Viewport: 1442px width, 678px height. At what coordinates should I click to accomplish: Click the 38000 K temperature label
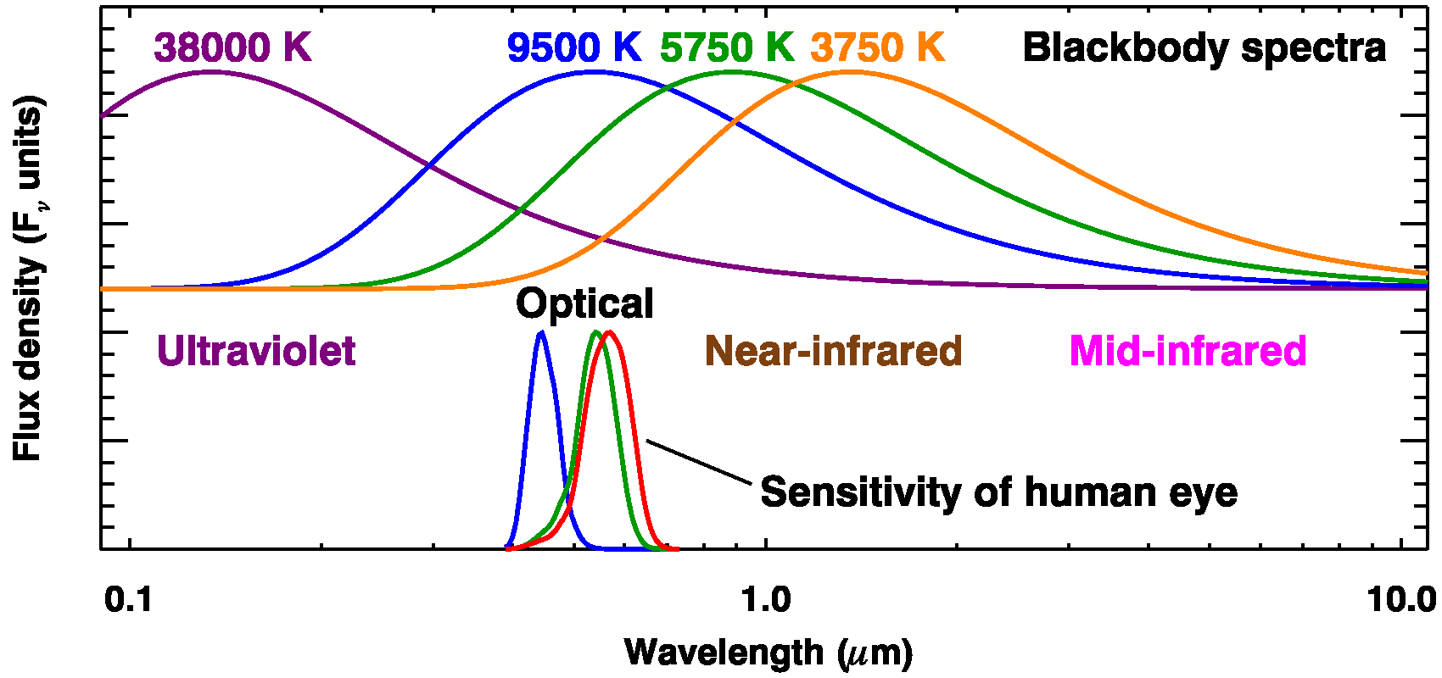coord(232,47)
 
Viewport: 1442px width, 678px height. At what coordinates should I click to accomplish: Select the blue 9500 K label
coord(574,47)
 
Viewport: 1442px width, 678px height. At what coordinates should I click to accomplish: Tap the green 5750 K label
coord(727,47)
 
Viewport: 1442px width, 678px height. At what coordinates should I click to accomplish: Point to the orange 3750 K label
coord(877,47)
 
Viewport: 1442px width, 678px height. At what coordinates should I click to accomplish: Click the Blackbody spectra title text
coord(1204,47)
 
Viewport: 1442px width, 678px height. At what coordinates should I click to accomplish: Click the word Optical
coord(584,303)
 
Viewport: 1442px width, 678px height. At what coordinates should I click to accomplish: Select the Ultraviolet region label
coord(256,351)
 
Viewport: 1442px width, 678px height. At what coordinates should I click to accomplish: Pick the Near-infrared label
coord(834,351)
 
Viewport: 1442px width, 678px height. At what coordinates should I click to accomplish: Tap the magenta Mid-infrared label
coord(1188,351)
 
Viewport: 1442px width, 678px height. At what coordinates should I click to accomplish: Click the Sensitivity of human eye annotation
coord(998,492)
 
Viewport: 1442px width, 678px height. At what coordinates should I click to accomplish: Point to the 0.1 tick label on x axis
coord(129,599)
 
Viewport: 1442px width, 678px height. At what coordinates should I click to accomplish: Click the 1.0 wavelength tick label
coord(766,599)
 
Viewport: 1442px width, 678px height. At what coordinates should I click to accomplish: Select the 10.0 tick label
coord(1401,599)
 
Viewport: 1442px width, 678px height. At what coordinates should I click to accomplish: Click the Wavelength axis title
coord(769,653)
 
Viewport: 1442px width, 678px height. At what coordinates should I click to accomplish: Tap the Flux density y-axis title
coord(28,280)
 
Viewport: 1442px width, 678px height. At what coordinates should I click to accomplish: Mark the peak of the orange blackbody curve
coord(852,72)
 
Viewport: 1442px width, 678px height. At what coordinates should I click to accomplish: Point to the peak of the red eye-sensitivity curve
coord(609,332)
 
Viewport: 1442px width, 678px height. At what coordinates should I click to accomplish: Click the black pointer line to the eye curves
coord(698,462)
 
